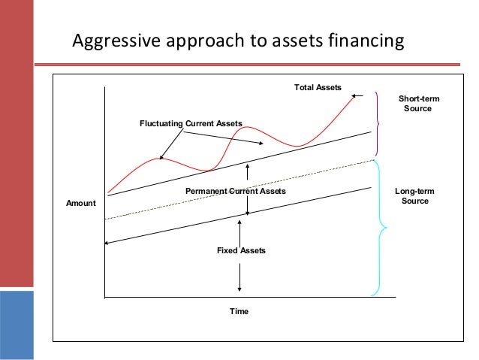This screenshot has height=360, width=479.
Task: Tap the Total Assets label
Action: point(317,89)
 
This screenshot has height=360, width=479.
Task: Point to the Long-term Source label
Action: point(414,196)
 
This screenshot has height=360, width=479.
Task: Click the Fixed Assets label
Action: point(241,250)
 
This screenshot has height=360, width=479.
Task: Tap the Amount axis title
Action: point(81,204)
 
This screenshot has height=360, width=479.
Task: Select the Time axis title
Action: point(239,311)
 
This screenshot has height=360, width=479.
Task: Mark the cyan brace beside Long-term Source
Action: point(378,225)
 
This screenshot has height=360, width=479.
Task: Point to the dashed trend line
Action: point(225,190)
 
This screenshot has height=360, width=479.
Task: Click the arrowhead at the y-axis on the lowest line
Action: point(108,242)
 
